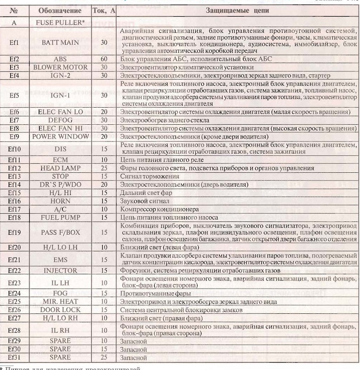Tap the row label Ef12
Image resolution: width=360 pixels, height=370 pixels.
click(14, 169)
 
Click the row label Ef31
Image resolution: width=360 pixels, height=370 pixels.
click(14, 357)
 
